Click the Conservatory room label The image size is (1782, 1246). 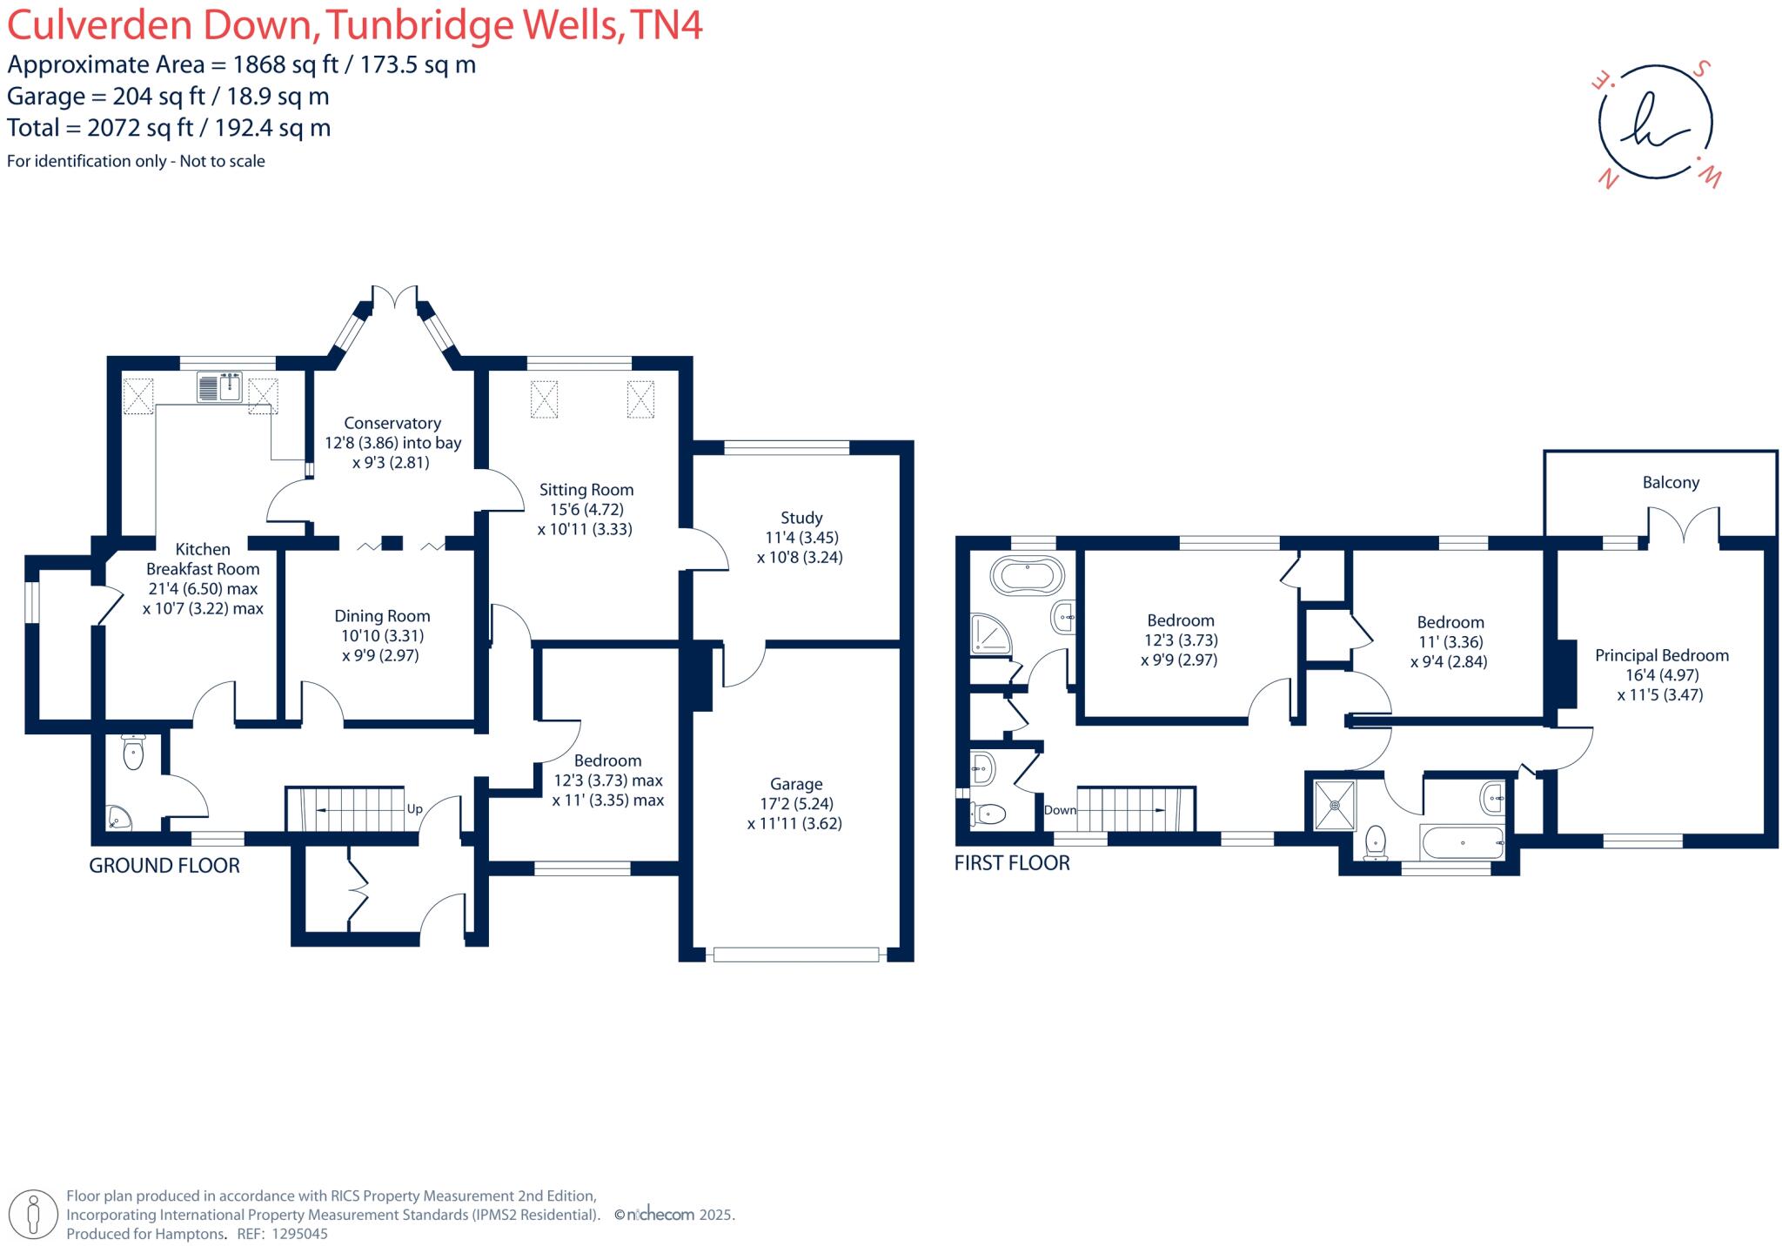(392, 424)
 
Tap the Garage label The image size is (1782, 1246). (795, 784)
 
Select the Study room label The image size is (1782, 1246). (801, 518)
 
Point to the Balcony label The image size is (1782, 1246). (1670, 483)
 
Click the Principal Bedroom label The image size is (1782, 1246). (1661, 656)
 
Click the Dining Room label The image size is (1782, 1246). (382, 616)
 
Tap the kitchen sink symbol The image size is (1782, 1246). (219, 387)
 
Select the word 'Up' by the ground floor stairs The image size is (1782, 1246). (415, 809)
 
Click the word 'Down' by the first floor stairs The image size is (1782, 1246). (1060, 810)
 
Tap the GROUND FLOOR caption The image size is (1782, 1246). (164, 866)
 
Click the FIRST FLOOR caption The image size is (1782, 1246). (1012, 863)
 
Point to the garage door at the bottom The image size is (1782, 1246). (795, 955)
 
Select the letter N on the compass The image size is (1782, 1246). (1608, 180)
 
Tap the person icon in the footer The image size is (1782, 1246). (34, 1214)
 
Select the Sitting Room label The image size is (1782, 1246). (586, 490)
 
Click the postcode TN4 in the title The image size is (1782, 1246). (666, 26)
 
